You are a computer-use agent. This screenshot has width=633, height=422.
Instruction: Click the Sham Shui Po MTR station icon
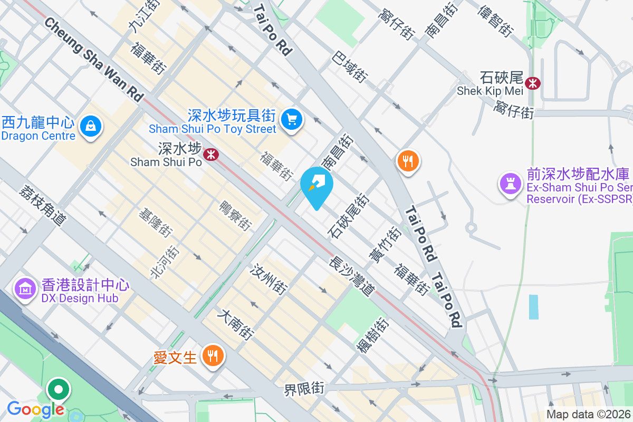click(x=212, y=154)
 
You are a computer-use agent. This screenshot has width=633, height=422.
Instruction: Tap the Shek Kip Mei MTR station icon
click(x=533, y=83)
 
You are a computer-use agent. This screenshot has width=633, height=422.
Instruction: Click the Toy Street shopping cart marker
click(x=291, y=119)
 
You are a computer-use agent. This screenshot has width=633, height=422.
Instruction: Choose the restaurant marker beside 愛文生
click(x=213, y=357)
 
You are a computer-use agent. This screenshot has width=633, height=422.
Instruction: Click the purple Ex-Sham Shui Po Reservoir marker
click(x=510, y=184)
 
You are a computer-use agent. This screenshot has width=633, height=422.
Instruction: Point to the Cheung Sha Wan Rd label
click(x=94, y=59)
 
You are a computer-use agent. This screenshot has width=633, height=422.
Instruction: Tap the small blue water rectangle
click(x=534, y=306)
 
